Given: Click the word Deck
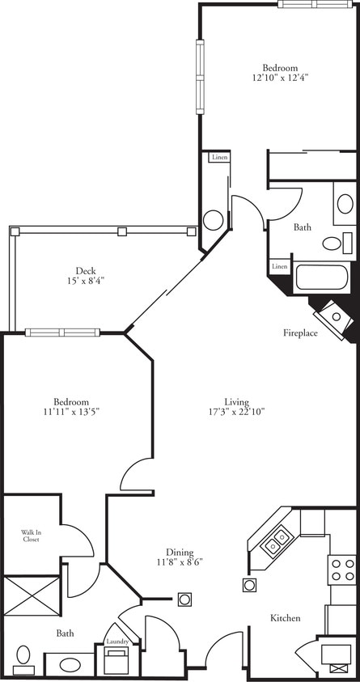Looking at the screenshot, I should coord(86,270).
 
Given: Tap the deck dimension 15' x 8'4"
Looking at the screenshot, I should coord(86,280).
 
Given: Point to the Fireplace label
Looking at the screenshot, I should coord(299,333).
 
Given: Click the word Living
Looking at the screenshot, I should coord(237,401).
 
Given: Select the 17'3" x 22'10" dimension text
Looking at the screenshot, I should coord(237,411).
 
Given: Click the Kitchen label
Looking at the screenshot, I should coord(286,618).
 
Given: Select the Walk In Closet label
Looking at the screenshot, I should coord(31,535).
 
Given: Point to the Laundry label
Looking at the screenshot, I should coord(118,642).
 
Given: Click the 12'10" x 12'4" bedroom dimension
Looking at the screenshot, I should coord(280,78).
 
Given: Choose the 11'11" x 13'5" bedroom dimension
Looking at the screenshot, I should coord(71,411).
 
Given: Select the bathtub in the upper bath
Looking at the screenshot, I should coord(321,277).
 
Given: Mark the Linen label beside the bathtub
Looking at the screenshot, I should coord(279,266).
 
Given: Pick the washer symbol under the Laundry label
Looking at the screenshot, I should coord(118,660).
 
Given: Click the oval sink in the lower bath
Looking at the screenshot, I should coord(70,665).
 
